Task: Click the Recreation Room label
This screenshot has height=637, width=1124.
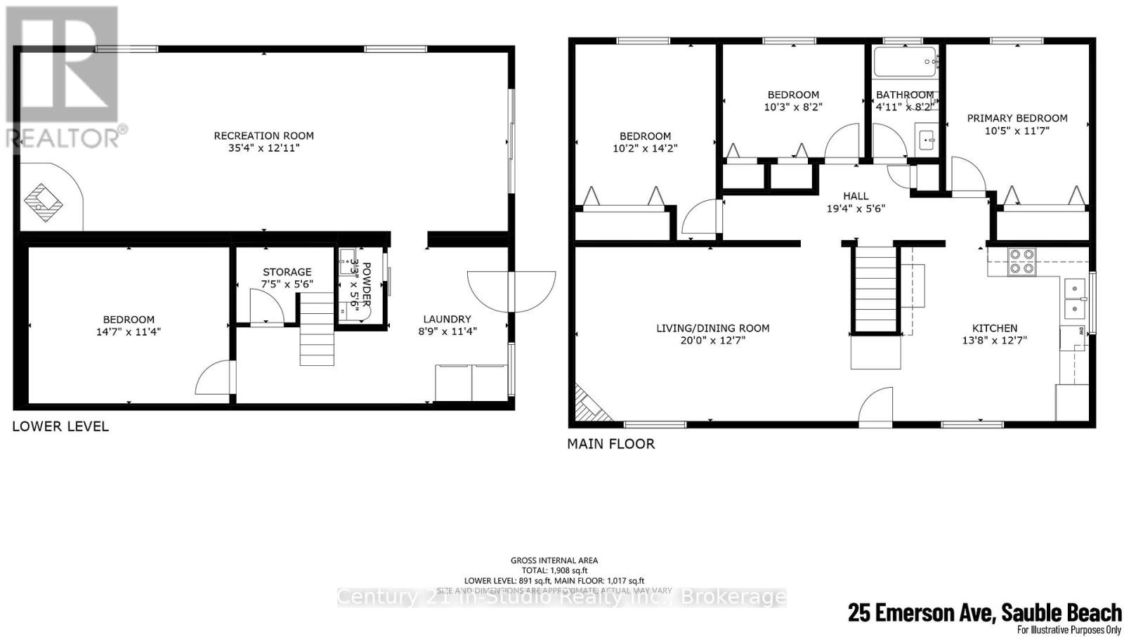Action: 263,136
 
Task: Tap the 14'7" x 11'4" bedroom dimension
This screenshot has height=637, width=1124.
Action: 129,331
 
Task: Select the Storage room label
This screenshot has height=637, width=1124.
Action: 287,272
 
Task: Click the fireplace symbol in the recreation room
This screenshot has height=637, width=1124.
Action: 44,202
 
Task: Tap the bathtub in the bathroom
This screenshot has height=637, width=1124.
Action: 906,62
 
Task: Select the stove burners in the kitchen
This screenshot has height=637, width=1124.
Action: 1021,261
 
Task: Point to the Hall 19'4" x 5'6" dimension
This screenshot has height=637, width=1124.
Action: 856,209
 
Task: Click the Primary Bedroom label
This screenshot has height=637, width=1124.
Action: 1017,118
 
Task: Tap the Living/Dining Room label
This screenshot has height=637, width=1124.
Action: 712,328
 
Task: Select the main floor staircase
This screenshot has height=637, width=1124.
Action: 875,288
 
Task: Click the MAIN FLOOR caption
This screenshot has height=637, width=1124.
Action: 610,444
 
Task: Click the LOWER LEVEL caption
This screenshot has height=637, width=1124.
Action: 60,426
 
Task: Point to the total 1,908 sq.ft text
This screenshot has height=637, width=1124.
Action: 554,571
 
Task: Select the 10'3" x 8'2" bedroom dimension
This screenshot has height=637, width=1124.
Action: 792,107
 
